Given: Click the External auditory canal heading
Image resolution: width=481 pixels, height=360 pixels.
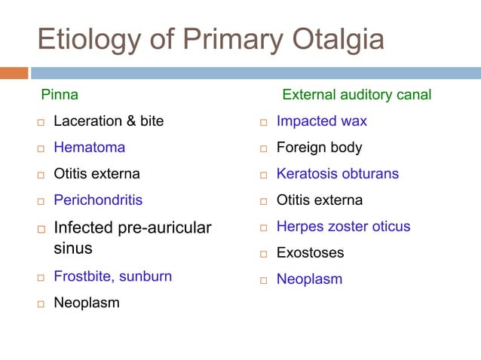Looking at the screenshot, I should tap(357, 96).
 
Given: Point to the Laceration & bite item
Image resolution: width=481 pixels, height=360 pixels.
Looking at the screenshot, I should tap(109, 121).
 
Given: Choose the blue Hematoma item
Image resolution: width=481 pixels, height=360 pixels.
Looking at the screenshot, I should tap(89, 148).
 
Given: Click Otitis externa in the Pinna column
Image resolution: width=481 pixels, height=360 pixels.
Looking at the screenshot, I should tap(97, 174).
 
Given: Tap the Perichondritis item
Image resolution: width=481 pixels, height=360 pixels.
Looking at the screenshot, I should tap(98, 200).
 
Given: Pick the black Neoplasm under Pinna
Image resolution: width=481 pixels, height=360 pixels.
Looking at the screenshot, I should tap(86, 304).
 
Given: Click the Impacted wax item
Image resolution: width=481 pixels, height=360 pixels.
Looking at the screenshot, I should tap(322, 121).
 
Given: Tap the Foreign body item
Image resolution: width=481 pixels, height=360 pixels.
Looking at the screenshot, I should tap(319, 148).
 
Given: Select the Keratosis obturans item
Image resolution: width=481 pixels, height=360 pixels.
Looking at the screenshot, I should tap(338, 174).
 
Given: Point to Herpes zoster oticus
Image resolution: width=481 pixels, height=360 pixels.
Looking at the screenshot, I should tap(343, 227).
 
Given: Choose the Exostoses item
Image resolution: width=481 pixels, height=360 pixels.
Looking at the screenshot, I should tap(310, 253).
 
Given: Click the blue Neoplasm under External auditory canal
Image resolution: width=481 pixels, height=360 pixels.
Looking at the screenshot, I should tap(309, 279).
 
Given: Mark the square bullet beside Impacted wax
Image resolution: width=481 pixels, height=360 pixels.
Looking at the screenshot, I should tap(264, 122).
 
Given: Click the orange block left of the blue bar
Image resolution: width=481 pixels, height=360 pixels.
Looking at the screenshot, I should tap(14, 73).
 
